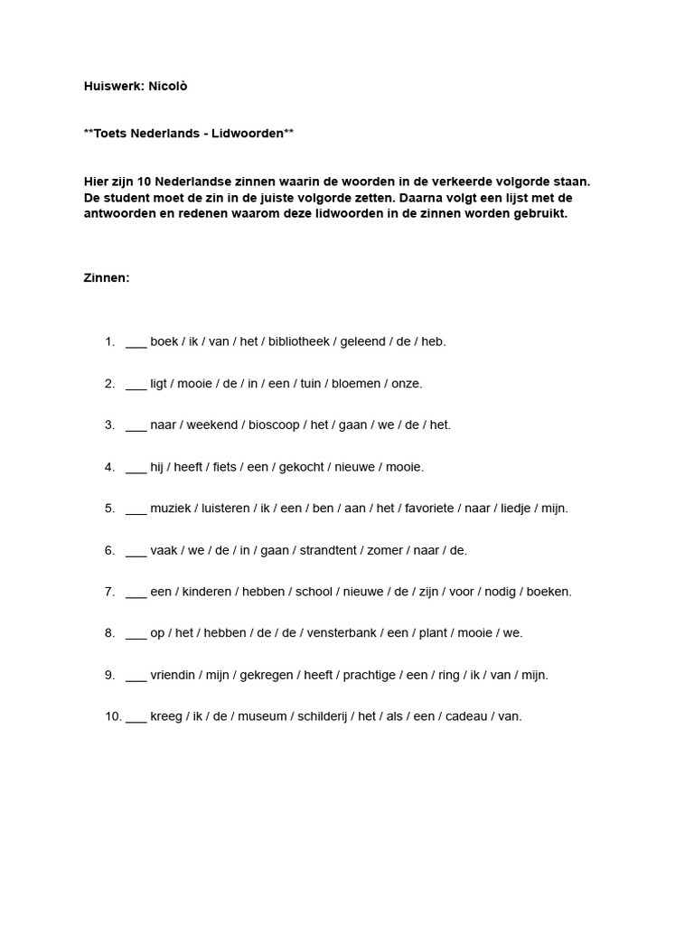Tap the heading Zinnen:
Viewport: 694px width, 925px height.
coord(107,278)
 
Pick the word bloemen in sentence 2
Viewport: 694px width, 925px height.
coord(352,383)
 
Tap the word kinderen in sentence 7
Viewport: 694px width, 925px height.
coord(208,592)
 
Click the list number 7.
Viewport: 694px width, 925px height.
coord(109,592)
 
